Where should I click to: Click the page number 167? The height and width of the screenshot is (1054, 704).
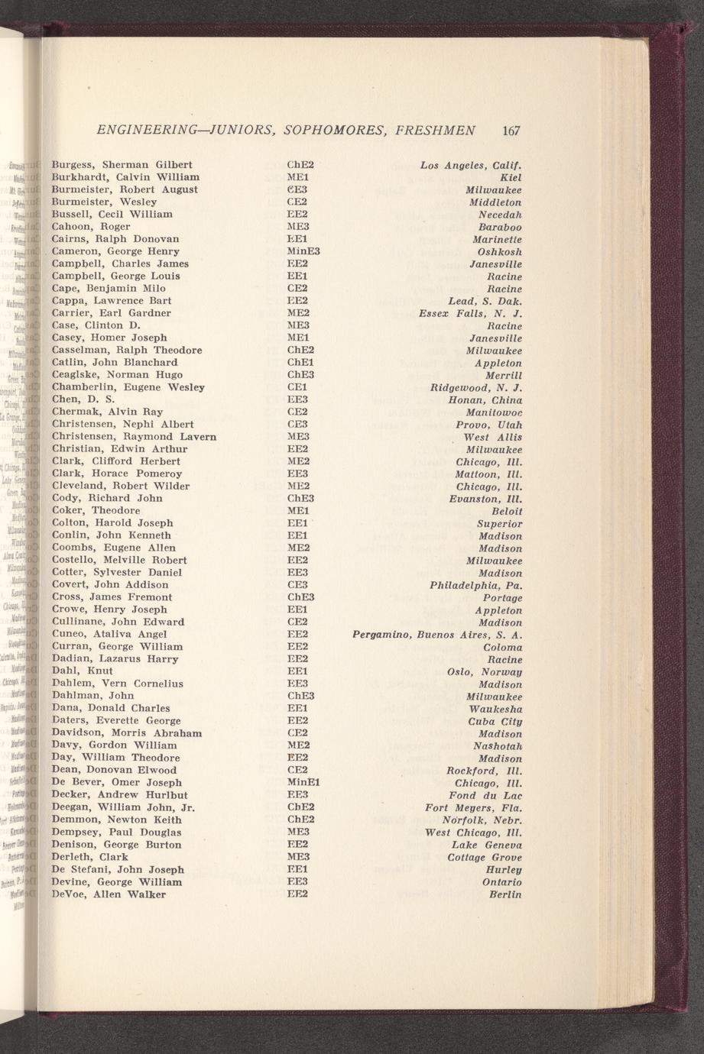click(511, 131)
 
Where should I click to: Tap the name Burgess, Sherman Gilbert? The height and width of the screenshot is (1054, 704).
click(122, 164)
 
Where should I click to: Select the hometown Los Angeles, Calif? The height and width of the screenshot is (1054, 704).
click(471, 165)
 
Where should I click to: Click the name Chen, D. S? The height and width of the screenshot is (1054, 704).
click(83, 399)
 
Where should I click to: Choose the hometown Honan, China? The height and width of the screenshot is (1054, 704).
click(485, 399)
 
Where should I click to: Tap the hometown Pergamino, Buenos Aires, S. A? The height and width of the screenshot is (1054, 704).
click(437, 635)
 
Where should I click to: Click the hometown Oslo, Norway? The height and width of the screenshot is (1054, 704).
click(485, 672)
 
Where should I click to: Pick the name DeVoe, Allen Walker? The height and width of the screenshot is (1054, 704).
click(109, 894)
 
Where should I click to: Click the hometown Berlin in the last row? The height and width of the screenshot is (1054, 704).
click(505, 894)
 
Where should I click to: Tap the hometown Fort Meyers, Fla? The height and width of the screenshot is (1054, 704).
click(473, 807)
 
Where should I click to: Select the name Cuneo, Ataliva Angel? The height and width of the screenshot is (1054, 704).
click(109, 634)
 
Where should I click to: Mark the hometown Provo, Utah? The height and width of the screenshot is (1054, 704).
click(489, 425)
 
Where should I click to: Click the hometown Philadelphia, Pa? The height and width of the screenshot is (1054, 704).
click(476, 586)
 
